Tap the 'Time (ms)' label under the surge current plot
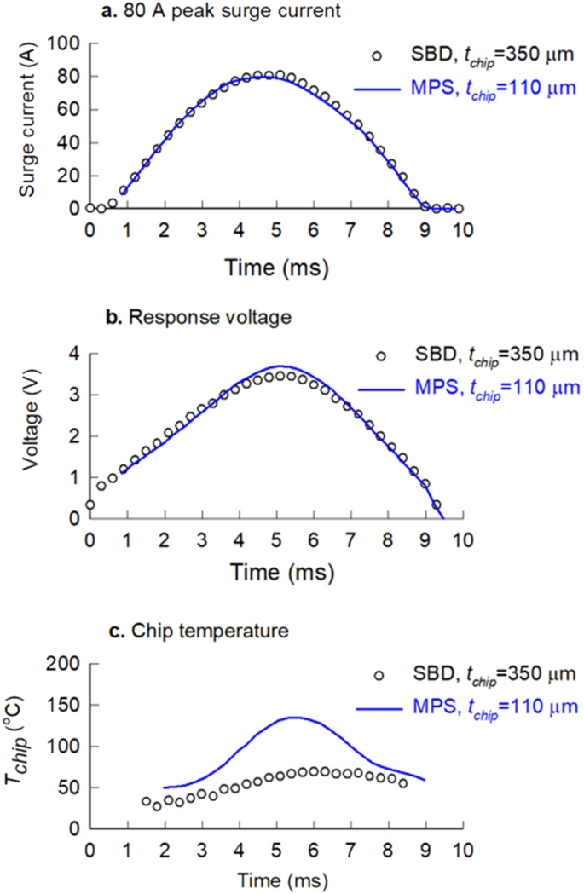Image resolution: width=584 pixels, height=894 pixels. (x=275, y=267)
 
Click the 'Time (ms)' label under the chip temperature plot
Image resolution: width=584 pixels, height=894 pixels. (x=275, y=878)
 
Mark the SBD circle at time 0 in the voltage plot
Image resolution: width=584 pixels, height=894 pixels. (x=90, y=505)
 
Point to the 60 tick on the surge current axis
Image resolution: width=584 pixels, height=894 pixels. (x=72, y=109)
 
